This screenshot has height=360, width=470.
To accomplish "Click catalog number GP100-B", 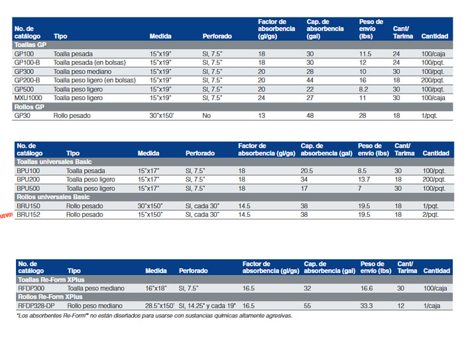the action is point(27,62).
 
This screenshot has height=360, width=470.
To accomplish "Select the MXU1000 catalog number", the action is point(29,98).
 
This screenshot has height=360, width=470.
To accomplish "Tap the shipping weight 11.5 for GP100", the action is point(365,54).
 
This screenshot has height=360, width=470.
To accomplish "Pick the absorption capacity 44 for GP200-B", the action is point(310,80).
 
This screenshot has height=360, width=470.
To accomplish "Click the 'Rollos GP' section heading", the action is point(29,107).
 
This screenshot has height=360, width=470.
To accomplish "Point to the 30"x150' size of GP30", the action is point(162,116).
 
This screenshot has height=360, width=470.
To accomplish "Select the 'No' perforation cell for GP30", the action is point(207,116).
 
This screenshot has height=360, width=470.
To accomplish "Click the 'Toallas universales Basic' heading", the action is point(54,162).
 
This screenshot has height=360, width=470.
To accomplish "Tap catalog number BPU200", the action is point(29,180).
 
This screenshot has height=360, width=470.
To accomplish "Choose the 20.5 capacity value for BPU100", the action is point(307,171).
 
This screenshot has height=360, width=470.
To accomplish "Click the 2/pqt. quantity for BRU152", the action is point(430,215).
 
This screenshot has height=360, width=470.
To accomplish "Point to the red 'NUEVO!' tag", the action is point(6,215).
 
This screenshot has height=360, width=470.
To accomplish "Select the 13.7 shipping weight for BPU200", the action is point(363,180).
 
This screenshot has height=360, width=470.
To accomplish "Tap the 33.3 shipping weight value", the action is point(367,306).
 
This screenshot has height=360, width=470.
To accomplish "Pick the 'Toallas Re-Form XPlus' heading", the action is point(51,280).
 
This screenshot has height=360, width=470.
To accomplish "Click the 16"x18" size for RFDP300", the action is point(156,288).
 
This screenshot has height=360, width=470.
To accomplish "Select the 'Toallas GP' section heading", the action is point(30,45).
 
